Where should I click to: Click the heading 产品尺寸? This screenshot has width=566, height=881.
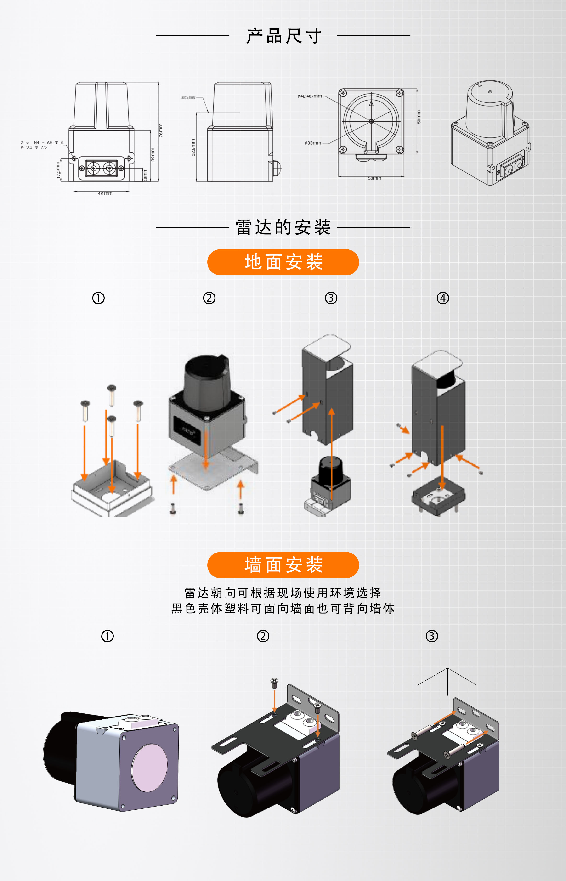[283, 36]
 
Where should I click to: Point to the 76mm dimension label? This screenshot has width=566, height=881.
[161, 130]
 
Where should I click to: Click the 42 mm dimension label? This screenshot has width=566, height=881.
[105, 193]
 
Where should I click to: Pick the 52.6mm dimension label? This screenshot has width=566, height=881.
[193, 147]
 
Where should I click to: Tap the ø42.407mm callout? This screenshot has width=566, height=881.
[310, 96]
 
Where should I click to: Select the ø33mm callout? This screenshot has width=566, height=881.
[313, 143]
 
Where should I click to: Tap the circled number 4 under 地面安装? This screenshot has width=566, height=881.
[442, 298]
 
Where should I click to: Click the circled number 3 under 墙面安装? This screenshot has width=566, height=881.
[431, 636]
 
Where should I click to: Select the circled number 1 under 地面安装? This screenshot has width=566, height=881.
[98, 298]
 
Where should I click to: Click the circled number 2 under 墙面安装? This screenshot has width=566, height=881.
[263, 636]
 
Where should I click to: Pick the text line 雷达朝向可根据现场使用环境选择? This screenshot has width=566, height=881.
[283, 593]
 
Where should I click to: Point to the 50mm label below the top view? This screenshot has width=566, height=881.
[374, 178]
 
